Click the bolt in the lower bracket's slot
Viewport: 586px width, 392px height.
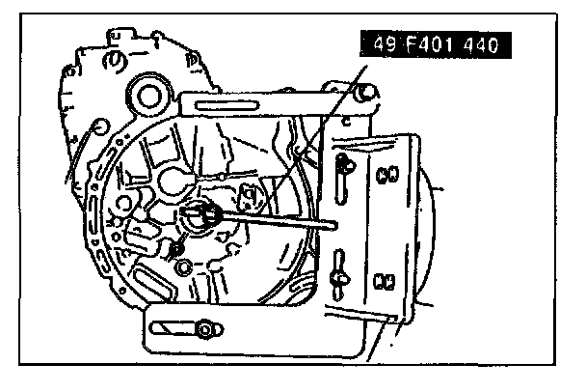pyautogui.click(x=206, y=331)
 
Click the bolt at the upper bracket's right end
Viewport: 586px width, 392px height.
pyautogui.click(x=364, y=93)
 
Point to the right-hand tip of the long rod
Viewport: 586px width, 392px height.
pyautogui.click(x=333, y=228)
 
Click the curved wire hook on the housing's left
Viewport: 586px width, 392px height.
pyautogui.click(x=90, y=145)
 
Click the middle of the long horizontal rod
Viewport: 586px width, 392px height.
pyautogui.click(x=275, y=222)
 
